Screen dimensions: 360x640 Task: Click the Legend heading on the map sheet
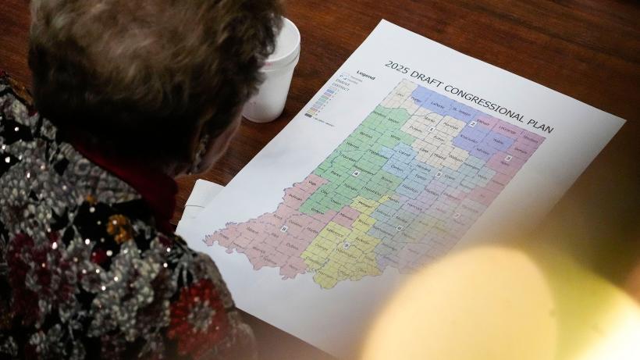[365, 77]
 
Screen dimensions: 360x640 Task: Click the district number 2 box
[472, 123]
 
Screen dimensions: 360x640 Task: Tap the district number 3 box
[508, 158]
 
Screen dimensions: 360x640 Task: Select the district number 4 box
[357, 173]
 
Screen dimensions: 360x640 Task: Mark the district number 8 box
[284, 229]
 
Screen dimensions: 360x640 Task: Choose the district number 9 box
[346, 245]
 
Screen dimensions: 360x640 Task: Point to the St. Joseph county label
[462, 110]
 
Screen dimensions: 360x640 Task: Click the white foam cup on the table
[273, 70]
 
